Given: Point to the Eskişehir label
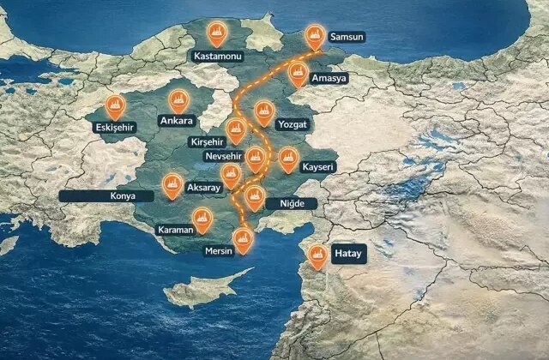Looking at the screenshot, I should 114,129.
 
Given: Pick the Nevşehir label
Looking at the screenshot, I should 226,158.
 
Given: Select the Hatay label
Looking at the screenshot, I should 348,255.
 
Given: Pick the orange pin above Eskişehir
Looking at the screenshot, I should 114,105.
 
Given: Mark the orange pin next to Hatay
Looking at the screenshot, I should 317,255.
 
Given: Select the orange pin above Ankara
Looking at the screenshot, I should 178,99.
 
